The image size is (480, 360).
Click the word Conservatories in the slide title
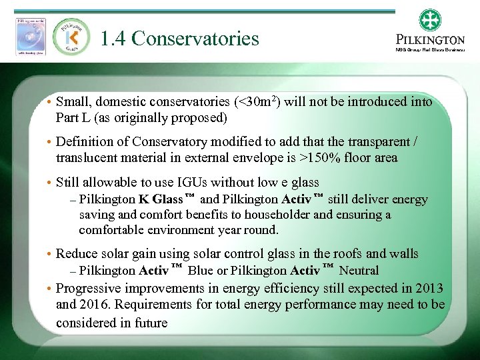point(195,39)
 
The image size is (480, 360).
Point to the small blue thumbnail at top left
point(31,35)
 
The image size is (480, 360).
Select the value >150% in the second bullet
point(321,158)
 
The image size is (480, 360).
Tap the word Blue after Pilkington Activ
point(200,270)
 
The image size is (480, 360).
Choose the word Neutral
point(359,270)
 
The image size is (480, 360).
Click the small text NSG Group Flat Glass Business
point(429,49)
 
